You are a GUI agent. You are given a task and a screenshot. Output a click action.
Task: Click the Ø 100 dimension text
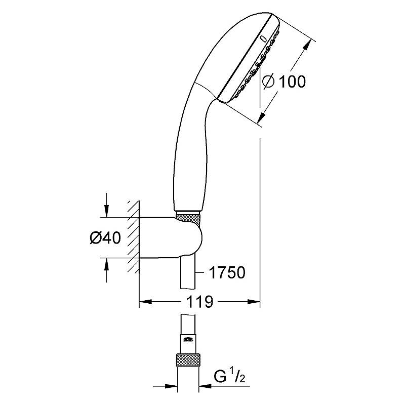[x=283, y=82]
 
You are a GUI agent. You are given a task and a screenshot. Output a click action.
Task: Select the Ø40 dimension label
[x=105, y=237]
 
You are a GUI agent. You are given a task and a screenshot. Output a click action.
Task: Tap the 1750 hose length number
[x=227, y=272]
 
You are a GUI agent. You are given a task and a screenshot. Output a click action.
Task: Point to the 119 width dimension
[x=200, y=301]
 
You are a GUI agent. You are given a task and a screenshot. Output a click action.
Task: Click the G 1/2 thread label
[x=229, y=376]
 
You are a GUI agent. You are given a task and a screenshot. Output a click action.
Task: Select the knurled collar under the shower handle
[x=188, y=217]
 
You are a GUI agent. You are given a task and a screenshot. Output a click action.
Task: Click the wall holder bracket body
[x=171, y=237]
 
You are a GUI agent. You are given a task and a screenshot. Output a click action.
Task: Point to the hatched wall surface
[x=134, y=236]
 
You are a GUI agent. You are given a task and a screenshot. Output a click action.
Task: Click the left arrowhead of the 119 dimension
[x=145, y=301]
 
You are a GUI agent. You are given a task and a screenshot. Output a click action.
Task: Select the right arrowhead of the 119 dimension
[x=254, y=301]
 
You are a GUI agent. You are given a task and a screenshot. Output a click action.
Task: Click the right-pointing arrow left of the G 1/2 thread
[x=166, y=386]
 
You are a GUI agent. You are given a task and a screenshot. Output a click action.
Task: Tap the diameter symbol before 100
[x=268, y=82]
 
